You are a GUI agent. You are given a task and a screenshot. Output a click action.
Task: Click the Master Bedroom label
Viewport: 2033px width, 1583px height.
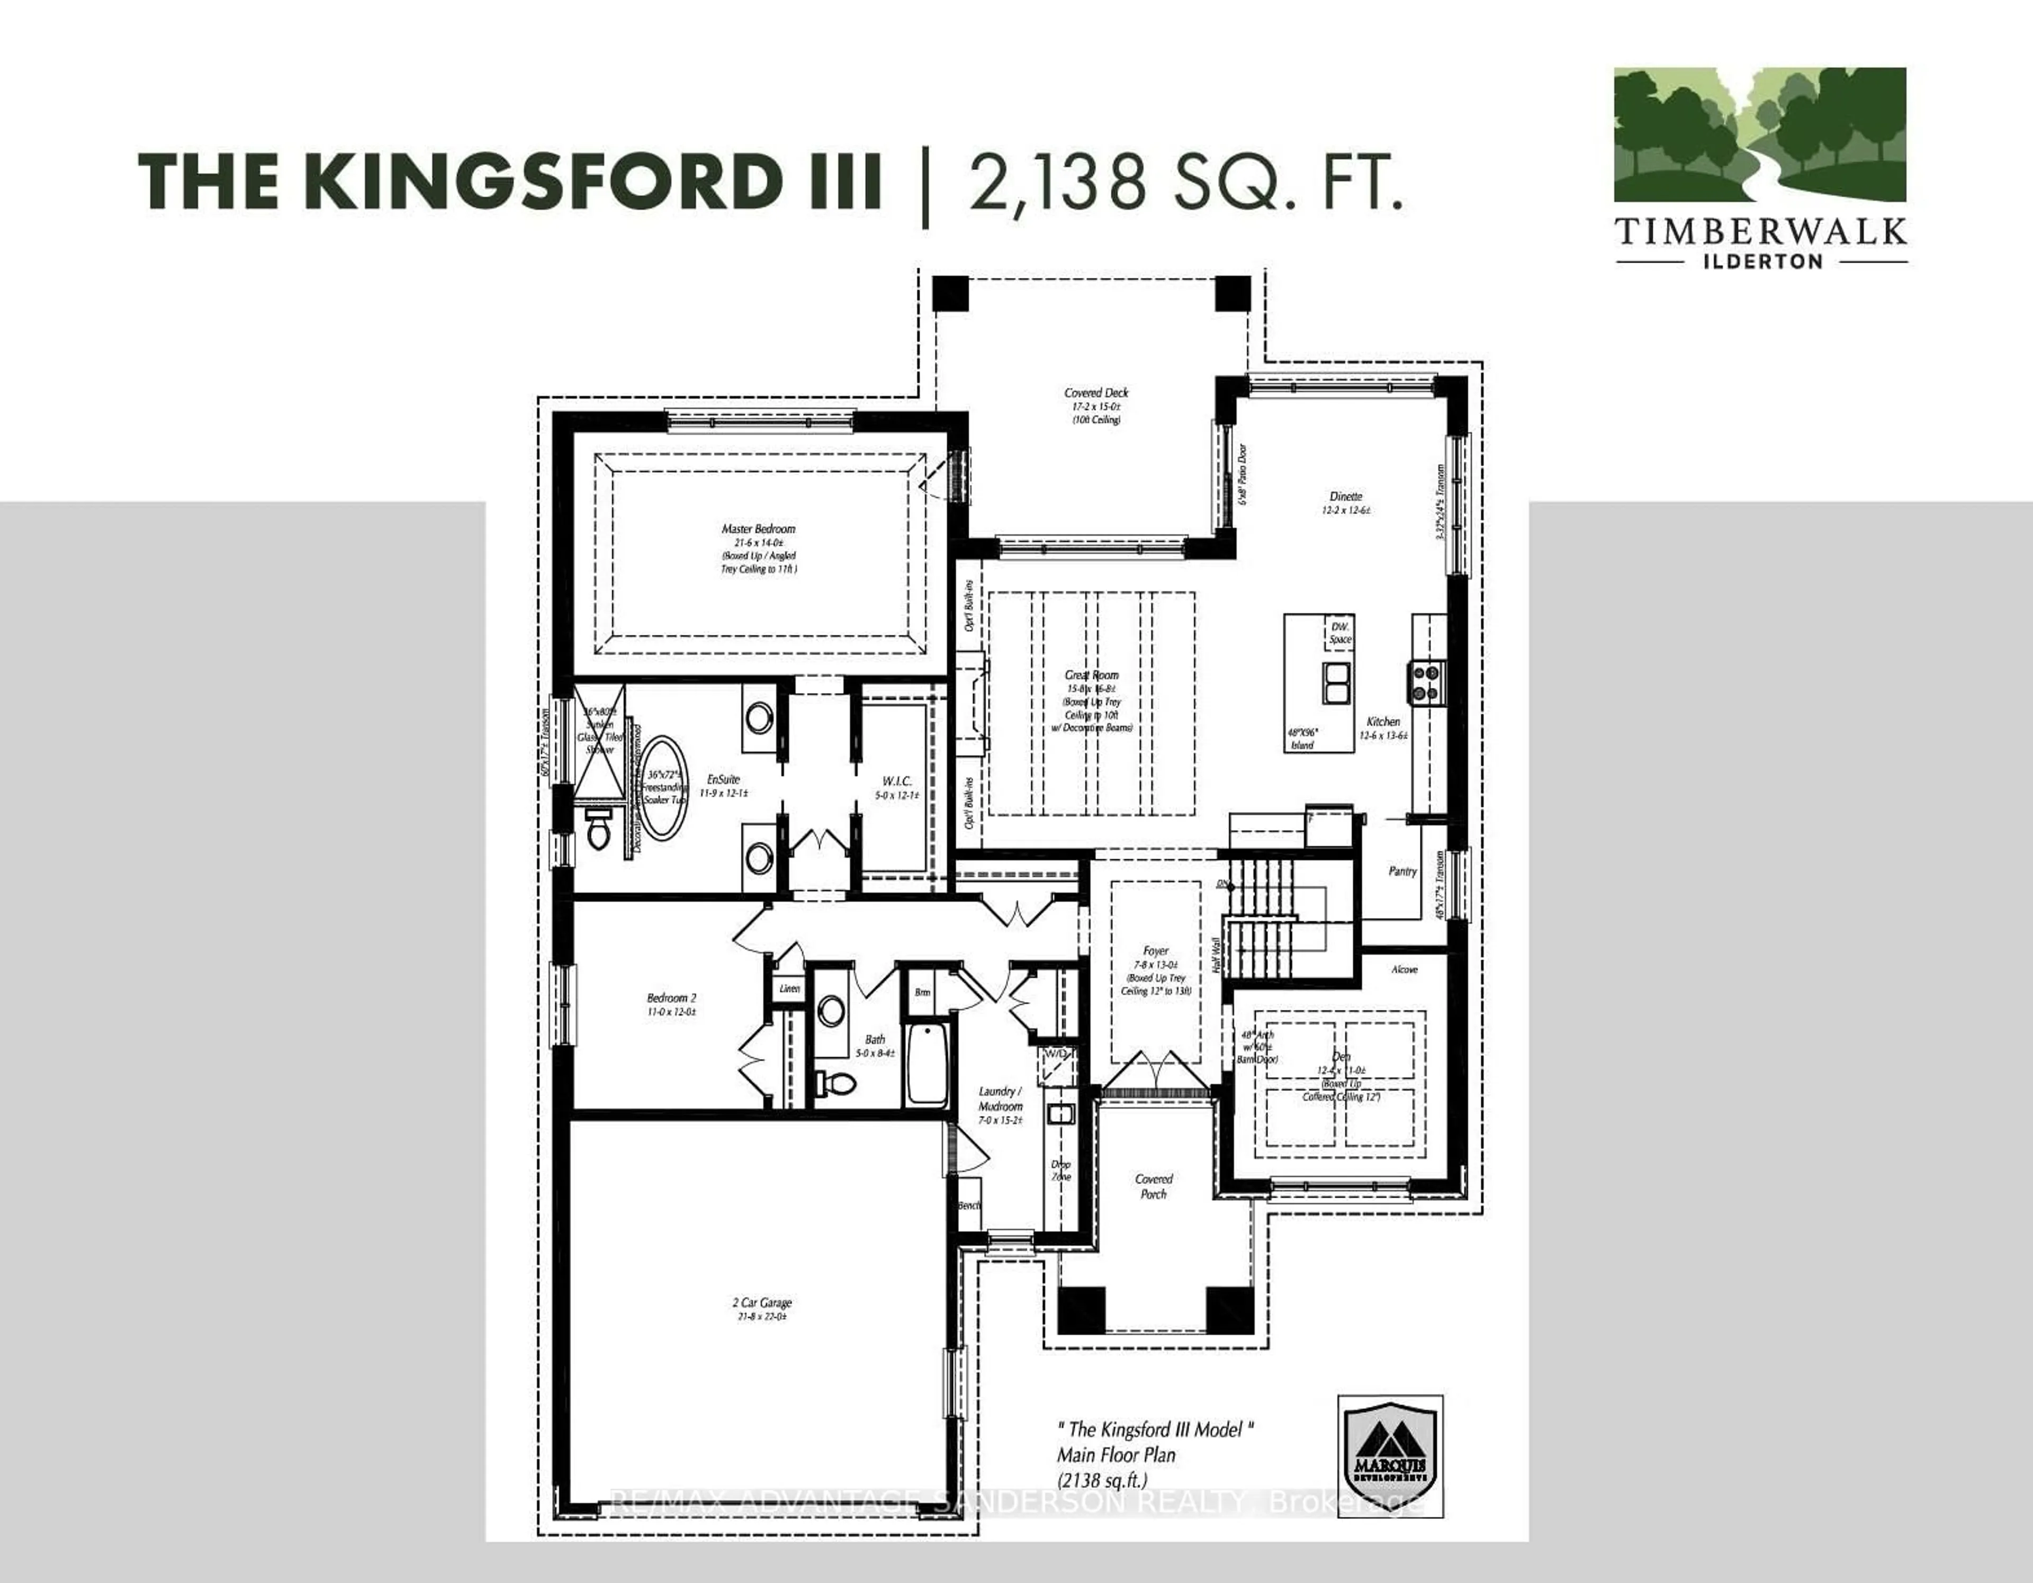759,528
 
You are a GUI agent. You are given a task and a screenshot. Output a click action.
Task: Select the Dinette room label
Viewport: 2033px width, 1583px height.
1345,496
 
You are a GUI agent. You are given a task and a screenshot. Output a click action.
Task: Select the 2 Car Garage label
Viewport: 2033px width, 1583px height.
761,1303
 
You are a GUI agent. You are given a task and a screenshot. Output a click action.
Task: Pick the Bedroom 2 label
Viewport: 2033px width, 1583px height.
671,997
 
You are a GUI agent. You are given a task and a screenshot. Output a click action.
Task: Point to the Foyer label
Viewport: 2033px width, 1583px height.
1155,951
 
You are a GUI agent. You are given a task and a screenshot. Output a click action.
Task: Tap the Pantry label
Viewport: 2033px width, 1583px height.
1402,871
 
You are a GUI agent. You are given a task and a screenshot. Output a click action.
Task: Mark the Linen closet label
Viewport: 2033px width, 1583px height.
789,988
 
